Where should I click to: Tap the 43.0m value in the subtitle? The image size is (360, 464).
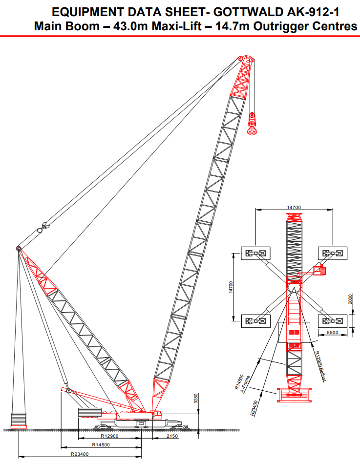pos(132,26)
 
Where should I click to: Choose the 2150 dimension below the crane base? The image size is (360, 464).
pos(172,436)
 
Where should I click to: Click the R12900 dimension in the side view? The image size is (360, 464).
pos(110,436)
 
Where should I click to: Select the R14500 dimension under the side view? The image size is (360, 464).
pos(101,445)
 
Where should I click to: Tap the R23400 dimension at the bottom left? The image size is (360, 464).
pos(79,454)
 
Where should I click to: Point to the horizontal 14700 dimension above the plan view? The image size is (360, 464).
pos(293,208)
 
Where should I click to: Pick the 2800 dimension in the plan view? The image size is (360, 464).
pos(350,300)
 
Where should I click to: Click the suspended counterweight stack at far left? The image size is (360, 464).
pos(19,420)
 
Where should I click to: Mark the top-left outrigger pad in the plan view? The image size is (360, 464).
pos(255,253)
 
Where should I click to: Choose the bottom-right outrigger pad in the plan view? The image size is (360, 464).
pos(332,321)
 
